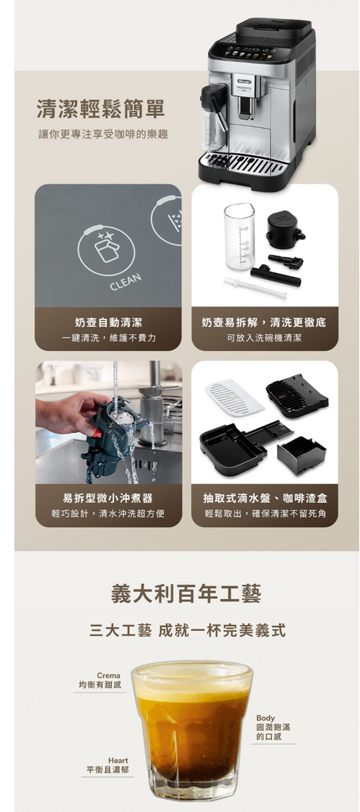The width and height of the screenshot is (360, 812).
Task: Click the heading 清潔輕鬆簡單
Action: [x=101, y=109]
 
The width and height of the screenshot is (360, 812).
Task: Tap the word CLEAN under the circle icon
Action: [x=125, y=282]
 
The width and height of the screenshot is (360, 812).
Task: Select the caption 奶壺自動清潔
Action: [x=108, y=322]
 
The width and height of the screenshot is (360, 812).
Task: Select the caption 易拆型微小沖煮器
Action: [x=108, y=498]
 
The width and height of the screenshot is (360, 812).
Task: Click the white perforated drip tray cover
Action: [x=234, y=397]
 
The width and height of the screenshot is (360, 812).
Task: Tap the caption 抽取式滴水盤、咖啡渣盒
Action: [x=265, y=498]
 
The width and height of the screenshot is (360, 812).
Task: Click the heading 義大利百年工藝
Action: [x=186, y=594]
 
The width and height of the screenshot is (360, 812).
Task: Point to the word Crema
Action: [x=108, y=676]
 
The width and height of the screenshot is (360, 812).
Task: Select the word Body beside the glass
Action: [x=265, y=718]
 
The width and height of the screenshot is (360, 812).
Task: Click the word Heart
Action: [x=118, y=760]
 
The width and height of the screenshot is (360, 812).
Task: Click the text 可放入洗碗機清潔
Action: [x=264, y=338]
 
